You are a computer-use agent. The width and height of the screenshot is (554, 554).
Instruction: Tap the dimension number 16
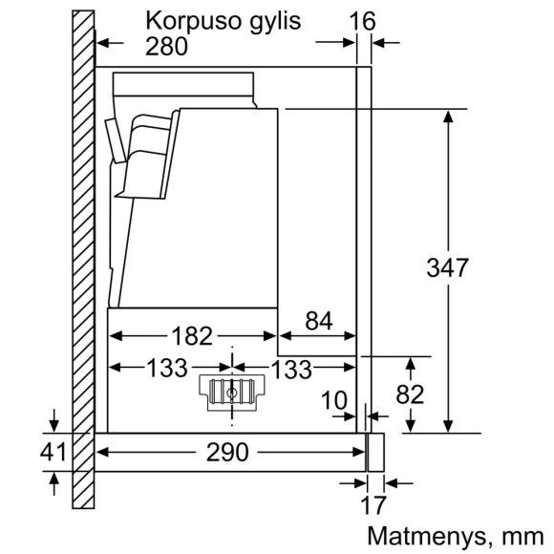point(363,20)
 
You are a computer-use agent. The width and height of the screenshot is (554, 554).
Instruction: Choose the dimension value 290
point(226,451)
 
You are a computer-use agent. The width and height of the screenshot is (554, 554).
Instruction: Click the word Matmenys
point(426,535)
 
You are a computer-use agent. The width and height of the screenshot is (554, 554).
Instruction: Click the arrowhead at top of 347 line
point(448,117)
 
